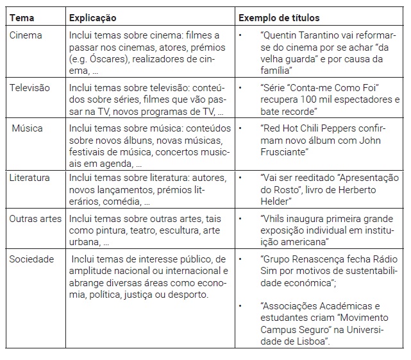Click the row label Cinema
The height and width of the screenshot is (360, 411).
tap(26, 35)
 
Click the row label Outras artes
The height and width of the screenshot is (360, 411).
tap(36, 219)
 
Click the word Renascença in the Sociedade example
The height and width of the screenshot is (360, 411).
tap(310, 259)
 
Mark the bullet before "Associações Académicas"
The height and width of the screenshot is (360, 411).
tap(239, 305)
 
